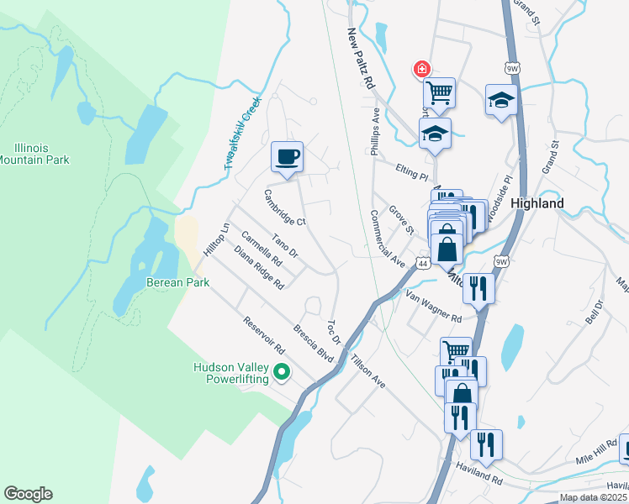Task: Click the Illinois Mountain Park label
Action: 34,154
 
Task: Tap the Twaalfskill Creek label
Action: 244,133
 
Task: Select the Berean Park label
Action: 177,282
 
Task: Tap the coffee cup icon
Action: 287,156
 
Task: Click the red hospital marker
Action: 419,69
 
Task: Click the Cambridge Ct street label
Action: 284,207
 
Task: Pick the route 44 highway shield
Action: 423,264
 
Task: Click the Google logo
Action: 28,494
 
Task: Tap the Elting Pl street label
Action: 412,172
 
